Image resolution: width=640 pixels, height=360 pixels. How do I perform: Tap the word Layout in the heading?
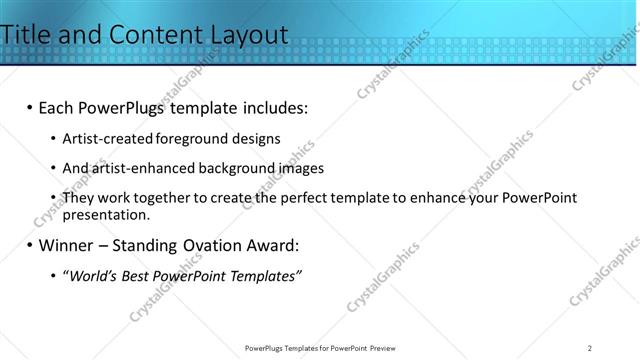[x=249, y=35]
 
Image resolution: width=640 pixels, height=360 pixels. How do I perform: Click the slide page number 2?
[x=590, y=348]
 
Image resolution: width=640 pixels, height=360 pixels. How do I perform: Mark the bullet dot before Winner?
[x=30, y=245]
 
